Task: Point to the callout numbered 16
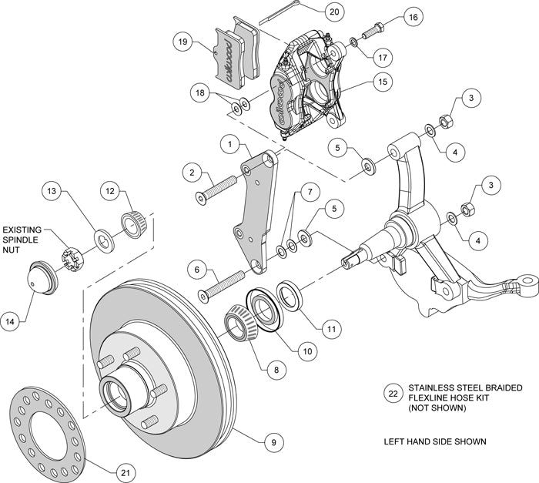pos(412,17)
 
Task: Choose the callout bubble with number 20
pos(311,12)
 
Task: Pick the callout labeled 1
pos(229,143)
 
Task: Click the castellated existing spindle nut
pos(71,253)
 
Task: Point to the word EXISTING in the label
pos(24,230)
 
